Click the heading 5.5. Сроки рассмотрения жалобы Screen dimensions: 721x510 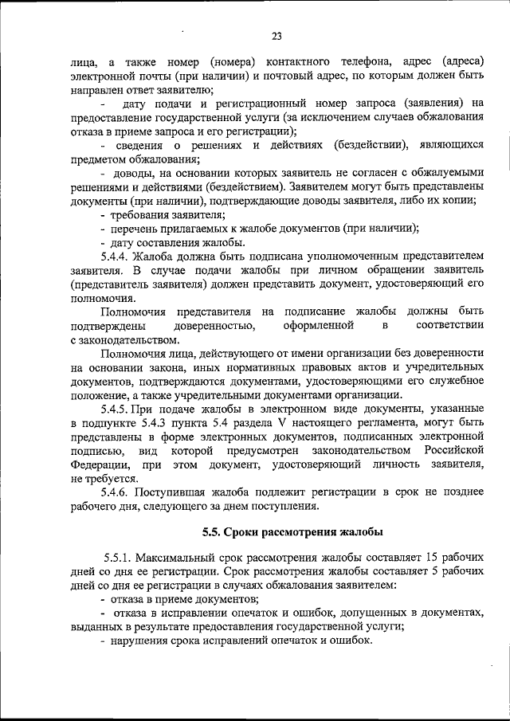point(292,531)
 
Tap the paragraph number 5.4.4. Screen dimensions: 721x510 point(116,257)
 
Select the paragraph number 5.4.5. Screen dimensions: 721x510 point(116,408)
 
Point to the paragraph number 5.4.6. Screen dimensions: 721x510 point(116,492)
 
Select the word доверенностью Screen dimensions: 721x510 point(214,326)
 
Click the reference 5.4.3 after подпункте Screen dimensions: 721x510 point(158,422)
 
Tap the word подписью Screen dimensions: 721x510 point(95,451)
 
